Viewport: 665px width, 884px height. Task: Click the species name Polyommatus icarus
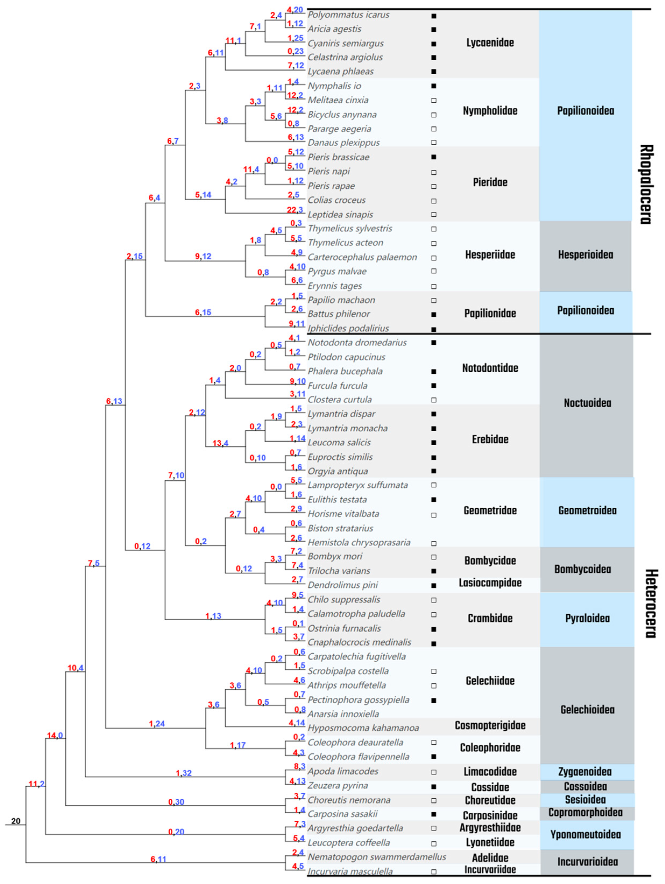(348, 15)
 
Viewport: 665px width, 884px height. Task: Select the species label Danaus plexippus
(343, 143)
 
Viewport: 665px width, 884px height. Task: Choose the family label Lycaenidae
(490, 43)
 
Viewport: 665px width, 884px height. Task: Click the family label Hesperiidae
(490, 255)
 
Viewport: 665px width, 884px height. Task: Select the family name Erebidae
(490, 439)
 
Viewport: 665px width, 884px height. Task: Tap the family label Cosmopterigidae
(490, 725)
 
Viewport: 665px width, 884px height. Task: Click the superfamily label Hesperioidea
(585, 255)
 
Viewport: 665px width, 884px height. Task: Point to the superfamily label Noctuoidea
(587, 403)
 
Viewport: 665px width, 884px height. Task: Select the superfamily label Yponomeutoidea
(585, 834)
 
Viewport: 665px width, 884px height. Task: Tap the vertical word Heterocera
(650, 603)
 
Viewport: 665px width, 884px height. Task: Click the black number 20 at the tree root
(16, 821)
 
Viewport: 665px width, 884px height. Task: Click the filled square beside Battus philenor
(434, 315)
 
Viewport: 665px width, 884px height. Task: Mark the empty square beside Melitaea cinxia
(434, 101)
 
